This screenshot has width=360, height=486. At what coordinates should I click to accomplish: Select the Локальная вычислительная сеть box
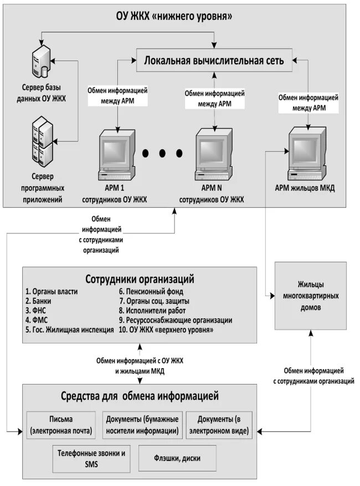214,61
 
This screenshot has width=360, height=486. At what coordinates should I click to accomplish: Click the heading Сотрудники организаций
140,278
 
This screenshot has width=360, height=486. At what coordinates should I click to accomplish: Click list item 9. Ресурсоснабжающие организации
175,320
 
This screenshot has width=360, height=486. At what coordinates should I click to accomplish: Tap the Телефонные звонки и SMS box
91,458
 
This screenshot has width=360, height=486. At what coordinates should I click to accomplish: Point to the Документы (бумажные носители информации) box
142,424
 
